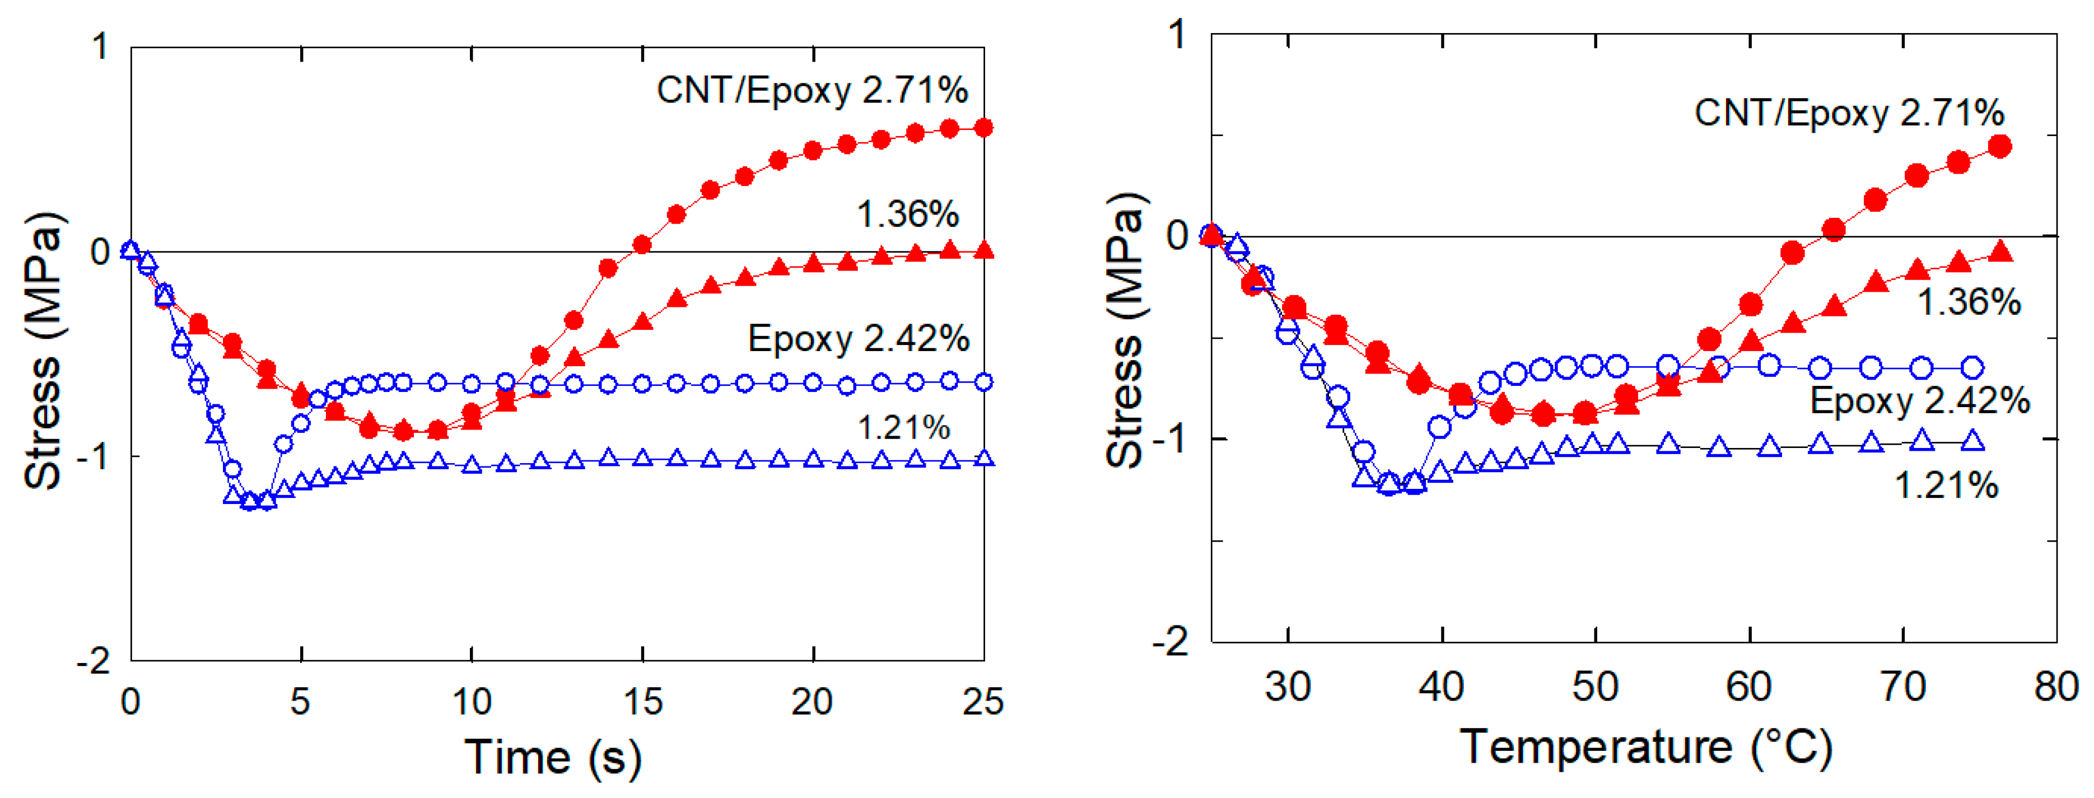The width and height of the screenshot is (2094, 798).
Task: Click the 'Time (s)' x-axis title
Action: pyautogui.click(x=552, y=757)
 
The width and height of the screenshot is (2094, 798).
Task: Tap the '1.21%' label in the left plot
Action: pyautogui.click(x=903, y=427)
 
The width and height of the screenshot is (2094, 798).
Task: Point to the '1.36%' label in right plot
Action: pyautogui.click(x=1968, y=302)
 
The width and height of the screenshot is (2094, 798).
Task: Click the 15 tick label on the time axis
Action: pyautogui.click(x=642, y=701)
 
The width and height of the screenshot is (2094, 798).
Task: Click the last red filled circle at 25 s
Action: pyautogui.click(x=983, y=128)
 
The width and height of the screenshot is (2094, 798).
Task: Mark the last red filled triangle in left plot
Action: pyautogui.click(x=983, y=249)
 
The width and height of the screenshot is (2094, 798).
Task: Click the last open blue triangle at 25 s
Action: pyautogui.click(x=983, y=458)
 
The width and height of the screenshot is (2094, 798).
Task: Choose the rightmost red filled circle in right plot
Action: pyautogui.click(x=2000, y=146)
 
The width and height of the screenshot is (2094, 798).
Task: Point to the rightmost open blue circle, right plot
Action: pyautogui.click(x=1972, y=367)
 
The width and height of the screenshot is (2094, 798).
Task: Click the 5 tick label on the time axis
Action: pyautogui.click(x=300, y=701)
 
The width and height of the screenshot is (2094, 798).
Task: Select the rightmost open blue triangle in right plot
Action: pyautogui.click(x=1972, y=441)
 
